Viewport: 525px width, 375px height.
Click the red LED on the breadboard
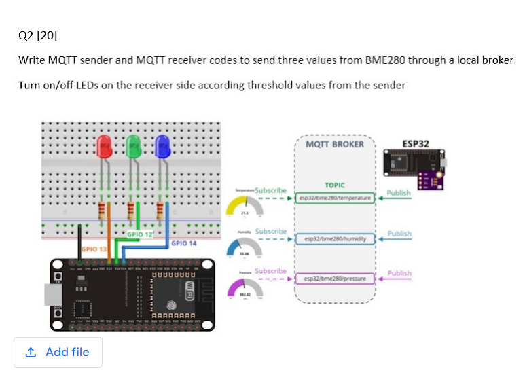(x=104, y=147)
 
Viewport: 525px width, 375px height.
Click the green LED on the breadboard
(x=133, y=145)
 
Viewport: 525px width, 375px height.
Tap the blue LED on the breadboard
(x=162, y=145)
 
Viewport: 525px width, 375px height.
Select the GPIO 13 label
(x=94, y=249)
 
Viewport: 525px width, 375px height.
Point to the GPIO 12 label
(x=140, y=234)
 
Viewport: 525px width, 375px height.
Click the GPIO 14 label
(x=184, y=243)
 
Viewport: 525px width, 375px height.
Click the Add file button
(x=58, y=352)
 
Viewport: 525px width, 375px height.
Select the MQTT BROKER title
(x=335, y=144)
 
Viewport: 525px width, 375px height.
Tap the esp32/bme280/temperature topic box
(x=337, y=198)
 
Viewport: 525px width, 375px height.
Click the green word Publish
(x=399, y=193)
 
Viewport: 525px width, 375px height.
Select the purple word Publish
(x=399, y=273)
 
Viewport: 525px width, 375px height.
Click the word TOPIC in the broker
(x=335, y=185)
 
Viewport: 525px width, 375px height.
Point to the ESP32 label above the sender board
(x=415, y=144)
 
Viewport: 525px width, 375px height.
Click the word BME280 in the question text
(x=385, y=60)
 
